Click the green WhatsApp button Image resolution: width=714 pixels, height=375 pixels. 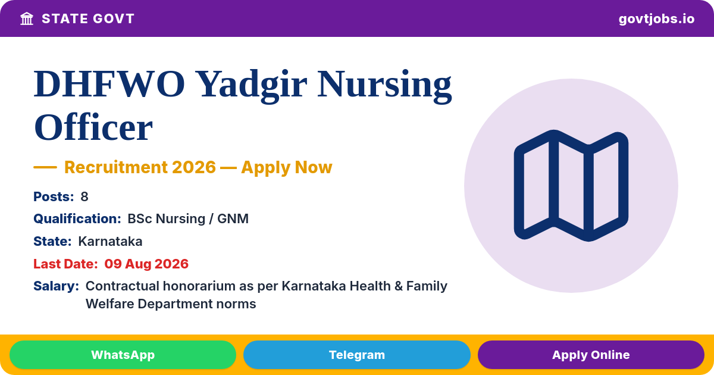tap(123, 355)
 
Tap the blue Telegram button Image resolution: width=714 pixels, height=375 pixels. tap(356, 355)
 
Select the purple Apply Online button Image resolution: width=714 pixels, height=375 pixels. tap(591, 355)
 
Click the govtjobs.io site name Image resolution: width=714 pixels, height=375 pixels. tap(657, 19)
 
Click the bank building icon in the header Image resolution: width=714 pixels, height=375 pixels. tap(27, 19)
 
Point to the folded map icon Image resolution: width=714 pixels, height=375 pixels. tap(571, 186)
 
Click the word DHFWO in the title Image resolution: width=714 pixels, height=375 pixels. tap(109, 85)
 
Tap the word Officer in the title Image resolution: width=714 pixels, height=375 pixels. tap(93, 127)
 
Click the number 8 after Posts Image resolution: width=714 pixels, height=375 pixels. tap(84, 197)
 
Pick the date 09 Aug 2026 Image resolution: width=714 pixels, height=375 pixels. tap(146, 264)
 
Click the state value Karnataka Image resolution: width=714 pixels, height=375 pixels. tap(110, 242)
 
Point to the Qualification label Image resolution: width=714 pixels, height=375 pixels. tap(77, 219)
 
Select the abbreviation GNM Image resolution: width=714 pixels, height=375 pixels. tap(233, 219)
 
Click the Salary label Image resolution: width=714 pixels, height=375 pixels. tap(57, 286)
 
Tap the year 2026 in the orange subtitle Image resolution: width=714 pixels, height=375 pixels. tap(194, 167)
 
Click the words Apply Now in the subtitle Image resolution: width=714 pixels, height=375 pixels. tap(287, 168)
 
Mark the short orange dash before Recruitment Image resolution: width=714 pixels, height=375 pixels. tap(45, 167)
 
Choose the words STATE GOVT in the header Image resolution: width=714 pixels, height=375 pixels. tap(88, 19)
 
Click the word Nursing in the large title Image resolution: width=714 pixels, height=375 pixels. tap(384, 86)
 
